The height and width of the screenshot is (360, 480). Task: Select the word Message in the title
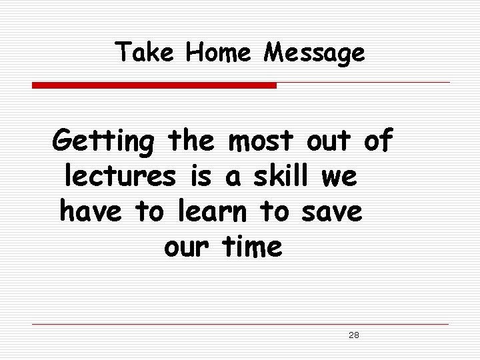coord(314,53)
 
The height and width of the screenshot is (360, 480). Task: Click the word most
coord(259,142)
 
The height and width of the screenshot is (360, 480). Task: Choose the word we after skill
coord(339,178)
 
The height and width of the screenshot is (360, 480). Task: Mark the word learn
coord(215,212)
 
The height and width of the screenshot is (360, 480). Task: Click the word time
coord(251,247)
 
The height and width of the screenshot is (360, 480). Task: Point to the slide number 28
coord(354,335)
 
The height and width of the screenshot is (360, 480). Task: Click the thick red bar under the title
coord(154,85)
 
